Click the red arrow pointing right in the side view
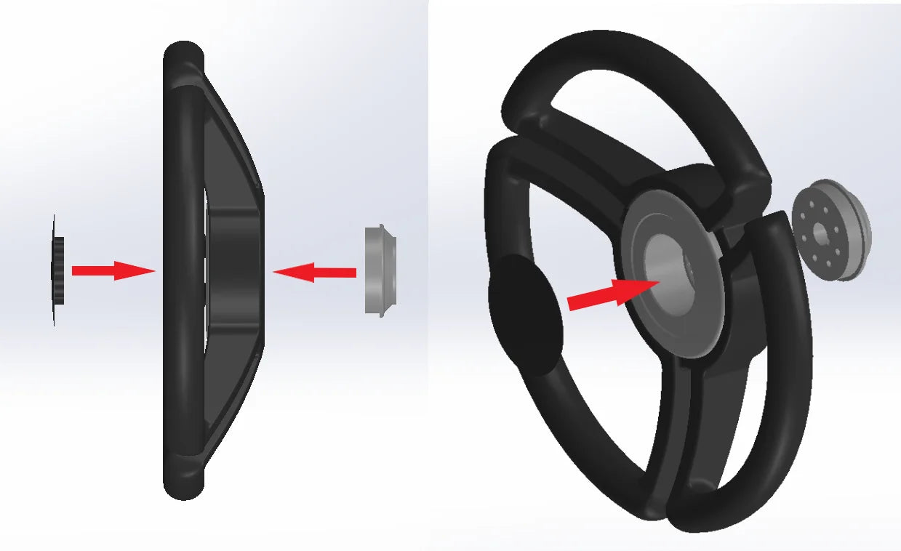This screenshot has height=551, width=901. (x=113, y=271)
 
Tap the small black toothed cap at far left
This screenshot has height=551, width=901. (x=57, y=270)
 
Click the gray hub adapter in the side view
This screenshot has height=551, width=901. (x=380, y=270)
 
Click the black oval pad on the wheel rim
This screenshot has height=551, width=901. (x=525, y=312)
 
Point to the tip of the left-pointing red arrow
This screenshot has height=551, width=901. (x=275, y=272)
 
